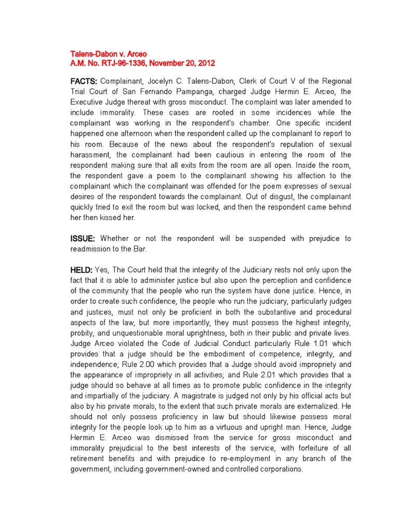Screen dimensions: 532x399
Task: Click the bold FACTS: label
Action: [84, 82]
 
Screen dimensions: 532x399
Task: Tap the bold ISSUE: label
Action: [83, 238]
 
